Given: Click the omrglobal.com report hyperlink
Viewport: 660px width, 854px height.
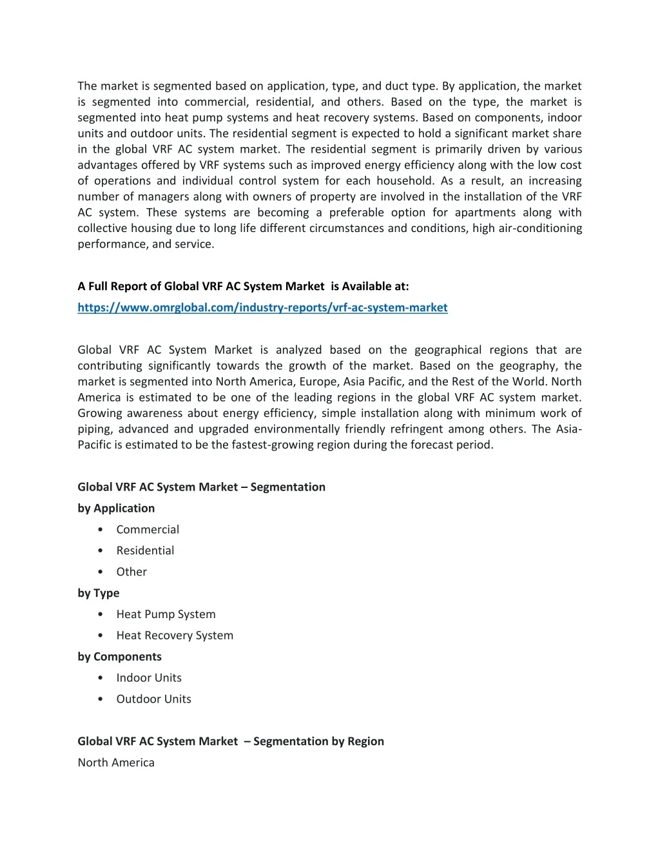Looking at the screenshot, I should point(262,307).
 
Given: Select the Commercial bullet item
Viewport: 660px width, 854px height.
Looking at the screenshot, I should point(148,529).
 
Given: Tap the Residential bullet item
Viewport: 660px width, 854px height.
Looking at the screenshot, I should point(145,550).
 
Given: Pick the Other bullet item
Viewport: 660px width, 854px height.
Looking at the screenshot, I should point(131,572).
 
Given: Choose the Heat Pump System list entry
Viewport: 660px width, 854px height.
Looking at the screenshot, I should point(166,614).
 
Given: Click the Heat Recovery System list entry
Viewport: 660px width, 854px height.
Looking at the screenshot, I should point(175,636).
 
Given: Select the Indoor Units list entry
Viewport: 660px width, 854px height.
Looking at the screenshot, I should point(149,677).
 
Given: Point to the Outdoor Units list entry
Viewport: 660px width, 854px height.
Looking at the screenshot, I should point(153,699).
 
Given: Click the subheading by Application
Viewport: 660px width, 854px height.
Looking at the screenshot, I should point(116,508).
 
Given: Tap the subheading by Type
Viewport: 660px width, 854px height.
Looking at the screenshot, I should point(99,593).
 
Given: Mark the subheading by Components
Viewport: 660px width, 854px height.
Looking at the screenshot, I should point(119,656).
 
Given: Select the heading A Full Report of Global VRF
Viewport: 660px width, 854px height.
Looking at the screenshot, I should point(243,286).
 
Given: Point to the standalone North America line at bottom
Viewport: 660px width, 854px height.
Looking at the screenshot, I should point(116,762).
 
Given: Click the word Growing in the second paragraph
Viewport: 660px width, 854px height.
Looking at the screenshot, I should point(99,413).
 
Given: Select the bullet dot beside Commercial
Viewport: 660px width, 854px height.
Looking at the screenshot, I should point(101,530).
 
